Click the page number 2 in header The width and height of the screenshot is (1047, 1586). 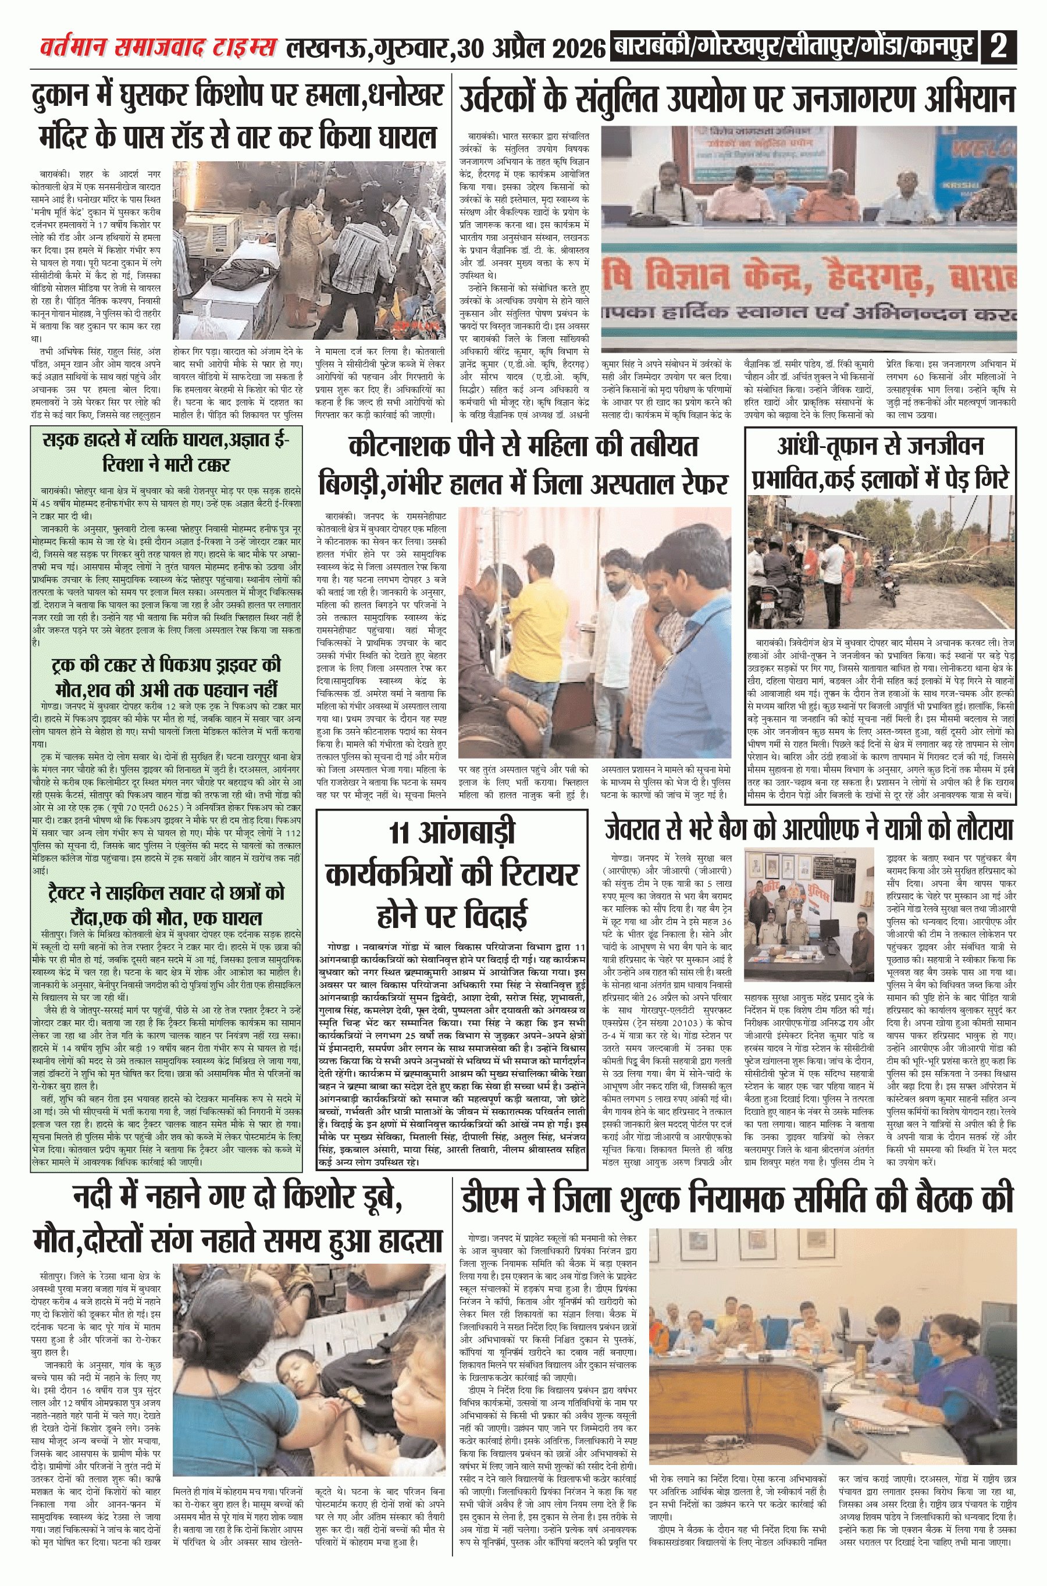tap(999, 46)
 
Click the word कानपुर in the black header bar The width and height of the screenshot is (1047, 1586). tap(942, 47)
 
